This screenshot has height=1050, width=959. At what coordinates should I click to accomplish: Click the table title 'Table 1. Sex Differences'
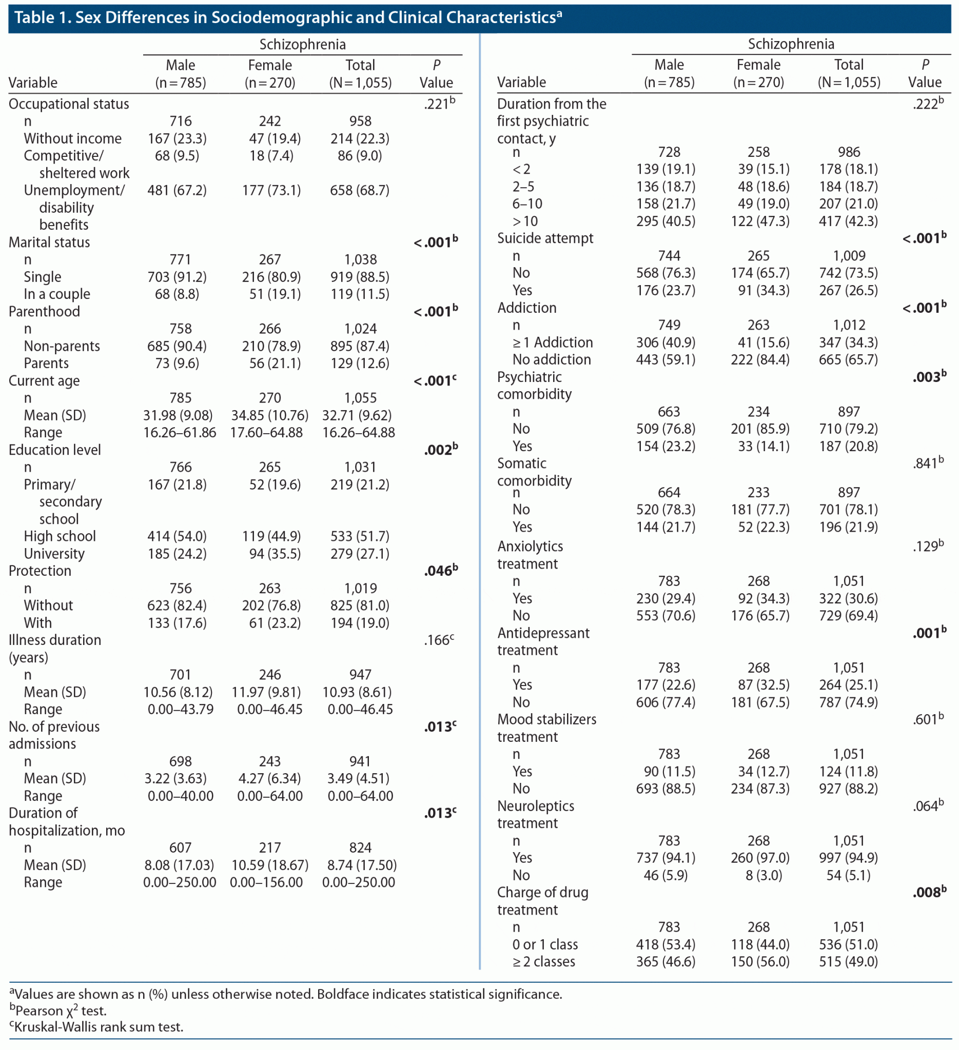tap(287, 18)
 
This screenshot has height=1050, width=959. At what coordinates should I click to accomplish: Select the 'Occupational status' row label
tap(69, 104)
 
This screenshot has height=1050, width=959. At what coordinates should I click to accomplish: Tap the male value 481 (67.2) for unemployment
tap(177, 191)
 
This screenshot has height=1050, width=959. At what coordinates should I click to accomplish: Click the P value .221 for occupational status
tap(439, 104)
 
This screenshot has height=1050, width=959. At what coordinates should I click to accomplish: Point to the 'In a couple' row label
tap(57, 294)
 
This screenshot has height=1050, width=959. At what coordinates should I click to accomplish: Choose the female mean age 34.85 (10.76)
tap(269, 416)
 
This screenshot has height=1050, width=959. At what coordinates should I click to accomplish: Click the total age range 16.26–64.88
tap(359, 433)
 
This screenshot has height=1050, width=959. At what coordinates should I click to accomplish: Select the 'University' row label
tap(54, 554)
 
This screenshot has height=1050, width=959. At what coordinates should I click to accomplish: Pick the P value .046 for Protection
tap(440, 571)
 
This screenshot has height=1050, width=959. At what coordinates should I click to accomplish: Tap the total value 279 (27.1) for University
tap(360, 554)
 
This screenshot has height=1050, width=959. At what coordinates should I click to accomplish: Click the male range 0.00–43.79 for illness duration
tap(180, 710)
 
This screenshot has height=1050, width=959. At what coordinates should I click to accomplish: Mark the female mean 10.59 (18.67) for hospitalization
tap(269, 865)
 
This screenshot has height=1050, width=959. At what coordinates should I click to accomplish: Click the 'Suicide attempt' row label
tap(544, 238)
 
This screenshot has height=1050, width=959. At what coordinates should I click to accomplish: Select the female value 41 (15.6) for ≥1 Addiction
tap(760, 342)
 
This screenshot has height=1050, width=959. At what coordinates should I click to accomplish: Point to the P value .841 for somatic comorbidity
tap(928, 463)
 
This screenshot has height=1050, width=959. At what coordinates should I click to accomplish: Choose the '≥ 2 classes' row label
tap(543, 961)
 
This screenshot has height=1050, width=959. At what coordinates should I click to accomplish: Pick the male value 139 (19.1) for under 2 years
tap(666, 170)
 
